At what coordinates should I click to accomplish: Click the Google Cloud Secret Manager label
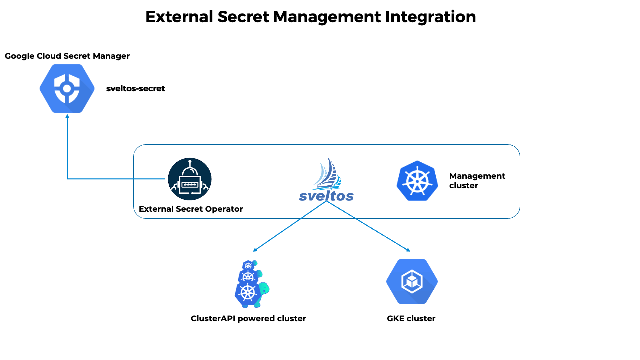(67, 56)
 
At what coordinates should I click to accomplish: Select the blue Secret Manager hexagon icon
(67, 89)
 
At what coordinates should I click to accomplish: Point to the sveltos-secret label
(135, 89)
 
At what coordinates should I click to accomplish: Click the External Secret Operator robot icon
(190, 179)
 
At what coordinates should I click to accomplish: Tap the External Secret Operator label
(191, 209)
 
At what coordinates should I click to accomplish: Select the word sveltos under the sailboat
(326, 196)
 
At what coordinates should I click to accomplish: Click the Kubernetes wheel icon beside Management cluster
(417, 181)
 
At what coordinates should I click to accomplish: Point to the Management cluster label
(477, 181)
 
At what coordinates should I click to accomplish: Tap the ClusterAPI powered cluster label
(248, 319)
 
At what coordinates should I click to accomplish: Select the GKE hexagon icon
(412, 282)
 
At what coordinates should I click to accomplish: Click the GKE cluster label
(411, 319)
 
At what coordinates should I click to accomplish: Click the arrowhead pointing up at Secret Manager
(67, 116)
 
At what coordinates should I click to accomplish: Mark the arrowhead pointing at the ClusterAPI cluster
(255, 250)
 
